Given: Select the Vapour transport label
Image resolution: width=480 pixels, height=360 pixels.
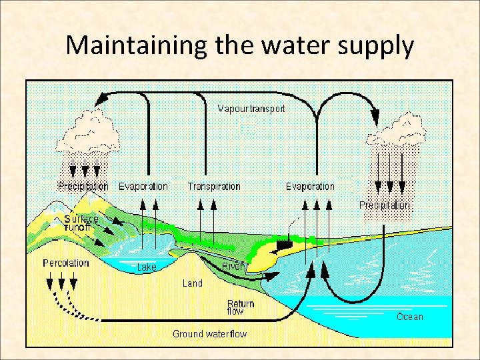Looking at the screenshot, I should tap(251, 108).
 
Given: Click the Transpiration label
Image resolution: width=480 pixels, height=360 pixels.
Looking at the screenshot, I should tap(214, 186).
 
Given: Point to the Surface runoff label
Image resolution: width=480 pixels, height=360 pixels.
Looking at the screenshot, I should tap(81, 223).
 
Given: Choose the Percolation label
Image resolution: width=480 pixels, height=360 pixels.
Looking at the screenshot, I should tap(66, 263).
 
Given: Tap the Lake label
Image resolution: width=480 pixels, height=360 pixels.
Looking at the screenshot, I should tap(147, 267).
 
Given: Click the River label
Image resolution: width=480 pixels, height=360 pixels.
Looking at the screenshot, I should tap(232, 266).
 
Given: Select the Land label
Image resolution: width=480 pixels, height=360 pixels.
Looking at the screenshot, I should tap(193, 283).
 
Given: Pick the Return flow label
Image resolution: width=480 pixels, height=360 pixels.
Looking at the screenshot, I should tap(241, 307).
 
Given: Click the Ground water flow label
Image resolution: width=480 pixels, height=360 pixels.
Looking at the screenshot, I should tap(209, 333).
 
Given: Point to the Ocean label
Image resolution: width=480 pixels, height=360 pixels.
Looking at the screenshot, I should tap(409, 316).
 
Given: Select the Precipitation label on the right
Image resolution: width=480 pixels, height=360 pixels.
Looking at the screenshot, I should tap(385, 205).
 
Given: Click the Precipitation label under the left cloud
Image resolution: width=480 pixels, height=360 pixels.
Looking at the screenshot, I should tap(83, 186).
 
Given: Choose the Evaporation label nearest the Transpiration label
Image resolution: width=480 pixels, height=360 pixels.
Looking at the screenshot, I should tap(143, 186).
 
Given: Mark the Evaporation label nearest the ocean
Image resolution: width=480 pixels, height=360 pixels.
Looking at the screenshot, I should tap(310, 186).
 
